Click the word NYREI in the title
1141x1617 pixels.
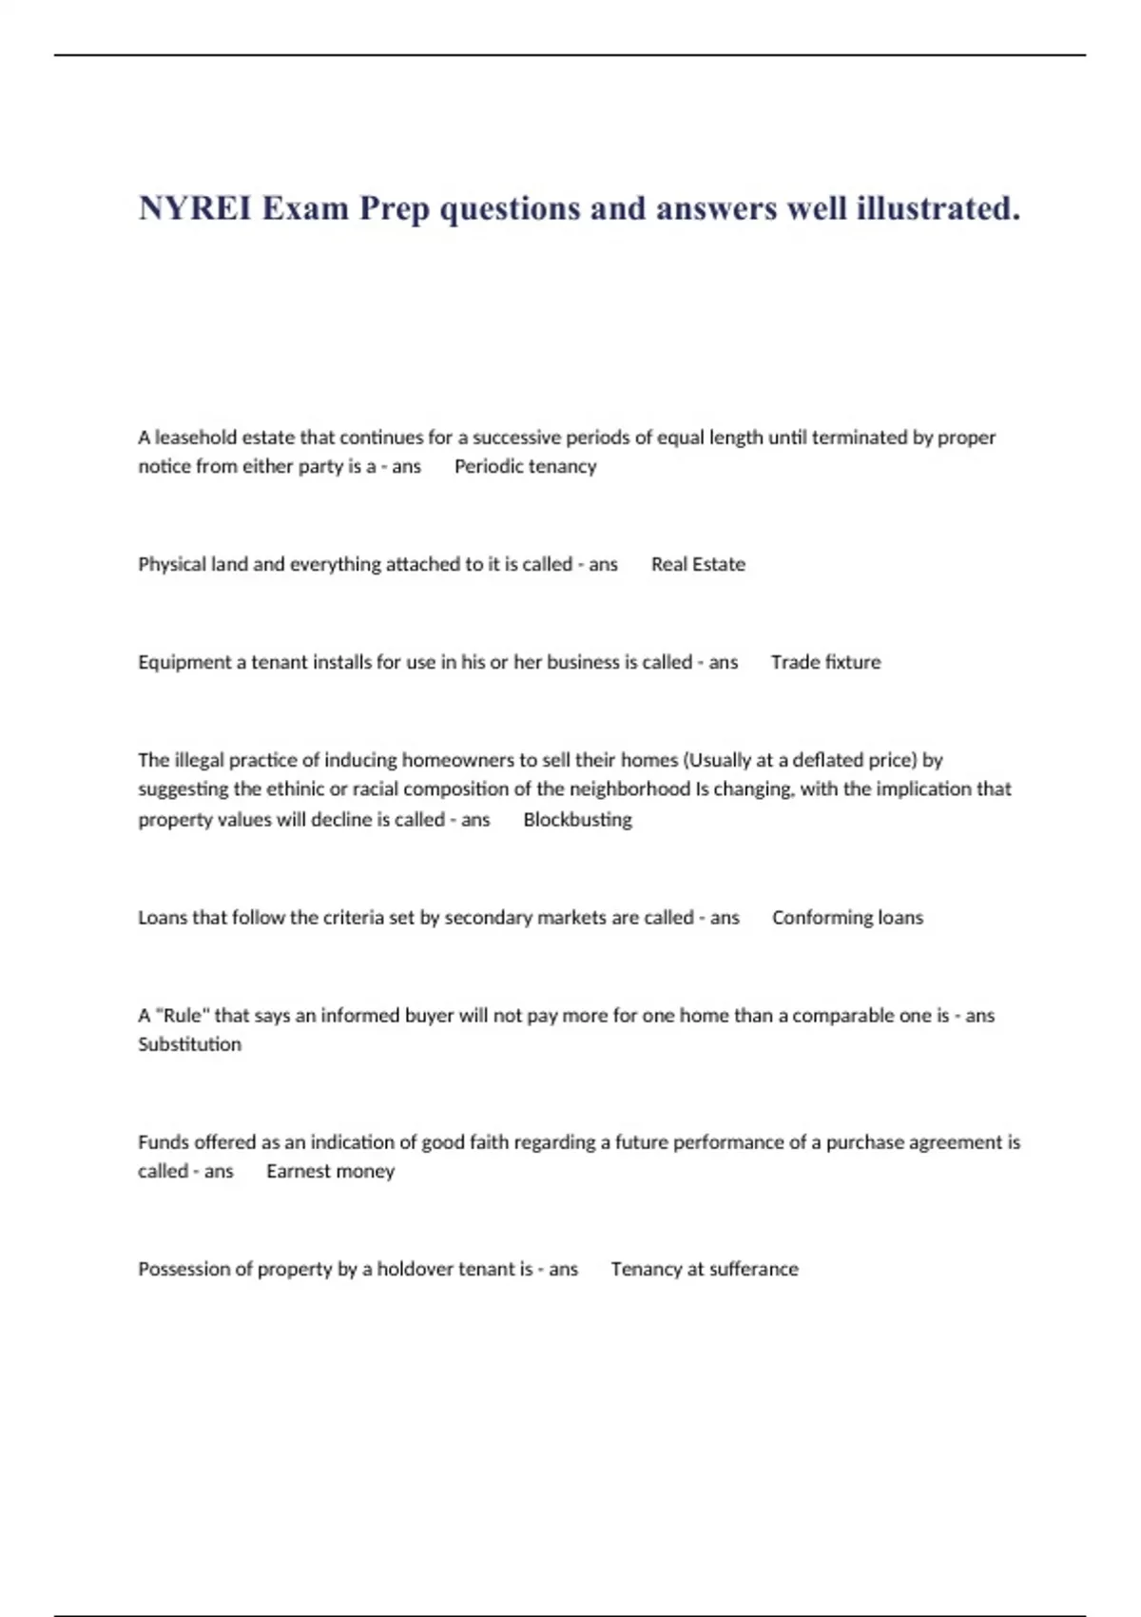(195, 208)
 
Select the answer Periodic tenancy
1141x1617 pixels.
(525, 467)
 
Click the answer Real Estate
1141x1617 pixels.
(698, 565)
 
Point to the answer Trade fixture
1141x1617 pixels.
(825, 663)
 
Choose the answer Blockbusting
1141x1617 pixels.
(577, 820)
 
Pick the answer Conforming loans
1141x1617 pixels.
(847, 918)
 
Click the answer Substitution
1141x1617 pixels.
(189, 1044)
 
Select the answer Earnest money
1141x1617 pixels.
(330, 1172)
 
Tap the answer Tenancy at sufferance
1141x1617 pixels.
(704, 1270)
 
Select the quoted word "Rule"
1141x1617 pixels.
(183, 1016)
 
